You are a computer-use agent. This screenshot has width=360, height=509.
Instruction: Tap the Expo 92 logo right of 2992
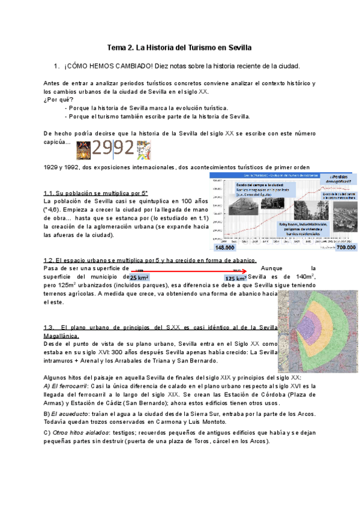(x=143, y=149)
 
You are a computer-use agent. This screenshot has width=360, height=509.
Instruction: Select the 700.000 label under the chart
(x=346, y=247)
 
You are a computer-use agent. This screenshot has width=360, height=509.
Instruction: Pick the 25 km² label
(x=139, y=278)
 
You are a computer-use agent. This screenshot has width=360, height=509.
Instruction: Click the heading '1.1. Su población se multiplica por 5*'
(x=95, y=193)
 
